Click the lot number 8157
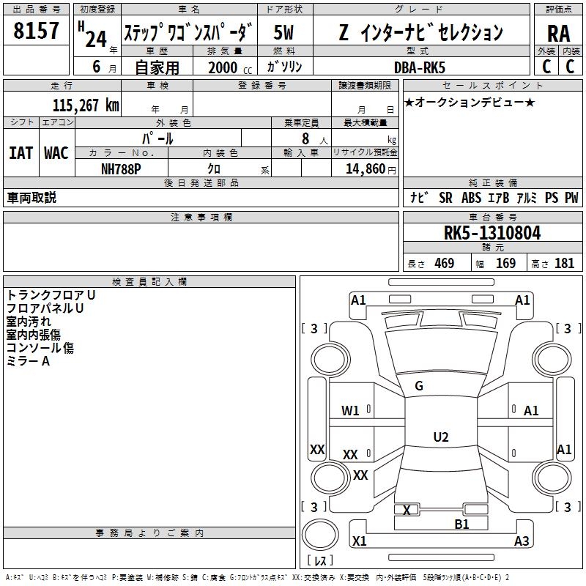36,31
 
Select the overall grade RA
558,34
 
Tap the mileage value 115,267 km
86,105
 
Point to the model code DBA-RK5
420,67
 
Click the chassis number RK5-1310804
492,233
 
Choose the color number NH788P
121,169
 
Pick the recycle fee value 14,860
365,169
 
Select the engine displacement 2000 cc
230,67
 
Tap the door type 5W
283,32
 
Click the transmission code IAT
21,153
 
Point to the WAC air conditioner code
56,153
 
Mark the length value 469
445,263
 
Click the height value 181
564,263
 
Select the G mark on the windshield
419,386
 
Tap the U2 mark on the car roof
441,437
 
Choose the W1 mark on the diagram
350,411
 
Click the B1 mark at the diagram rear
461,524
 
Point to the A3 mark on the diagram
522,541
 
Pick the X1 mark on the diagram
360,541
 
